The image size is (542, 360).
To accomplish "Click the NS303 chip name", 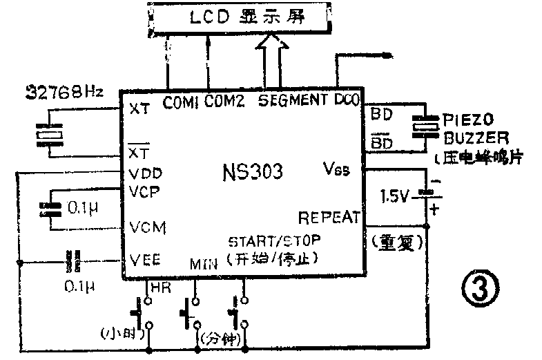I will (x=253, y=171).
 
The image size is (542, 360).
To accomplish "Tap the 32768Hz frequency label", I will (x=64, y=91).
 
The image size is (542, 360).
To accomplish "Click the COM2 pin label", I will (x=225, y=101).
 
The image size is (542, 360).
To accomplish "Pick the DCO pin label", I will (x=347, y=100).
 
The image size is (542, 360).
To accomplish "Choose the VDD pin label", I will (x=145, y=173).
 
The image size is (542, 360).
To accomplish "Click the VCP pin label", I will (x=145, y=191).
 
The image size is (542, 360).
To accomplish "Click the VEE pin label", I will (x=146, y=260).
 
